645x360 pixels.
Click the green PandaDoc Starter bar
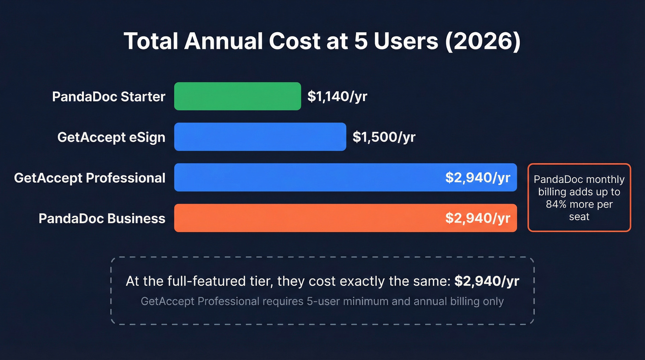tap(237, 96)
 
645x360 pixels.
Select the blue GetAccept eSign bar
tap(260, 137)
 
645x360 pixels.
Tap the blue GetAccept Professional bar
tap(304, 177)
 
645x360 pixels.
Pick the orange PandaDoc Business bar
tap(304, 218)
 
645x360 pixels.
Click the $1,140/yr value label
tap(337, 96)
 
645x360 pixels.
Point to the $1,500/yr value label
tap(384, 137)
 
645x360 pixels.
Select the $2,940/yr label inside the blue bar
tap(477, 177)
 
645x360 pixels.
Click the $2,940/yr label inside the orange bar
tap(477, 218)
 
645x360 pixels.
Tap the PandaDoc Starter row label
tap(108, 97)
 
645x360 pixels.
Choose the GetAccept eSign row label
tap(111, 137)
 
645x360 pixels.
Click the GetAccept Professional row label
tap(89, 178)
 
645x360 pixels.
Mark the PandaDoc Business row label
tap(102, 218)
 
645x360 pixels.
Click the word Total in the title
tap(150, 41)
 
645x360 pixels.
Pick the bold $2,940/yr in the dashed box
tap(487, 282)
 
